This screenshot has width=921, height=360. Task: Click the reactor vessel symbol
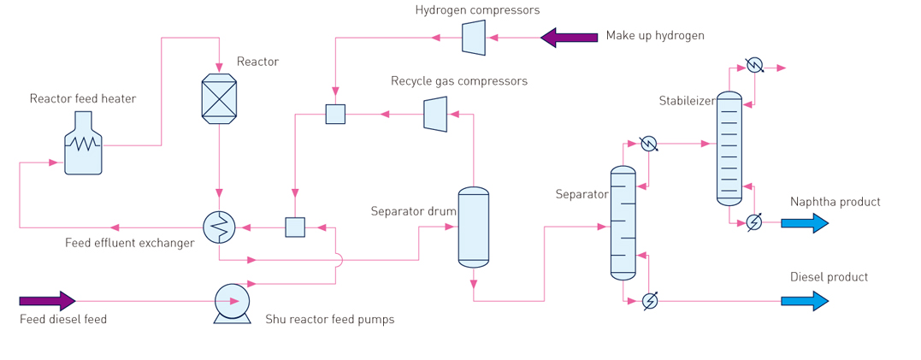[220, 97]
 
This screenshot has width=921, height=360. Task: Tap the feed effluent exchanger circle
[220, 227]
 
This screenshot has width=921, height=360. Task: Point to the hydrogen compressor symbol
[474, 37]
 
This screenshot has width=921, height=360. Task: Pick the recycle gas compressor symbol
[435, 113]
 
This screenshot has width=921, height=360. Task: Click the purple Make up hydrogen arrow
[569, 37]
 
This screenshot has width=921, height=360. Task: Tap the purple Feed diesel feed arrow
[47, 301]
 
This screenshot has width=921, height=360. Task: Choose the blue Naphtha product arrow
[805, 223]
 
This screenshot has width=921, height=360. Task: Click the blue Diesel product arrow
[805, 301]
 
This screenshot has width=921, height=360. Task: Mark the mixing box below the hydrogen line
[335, 113]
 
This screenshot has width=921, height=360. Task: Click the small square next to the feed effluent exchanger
[294, 227]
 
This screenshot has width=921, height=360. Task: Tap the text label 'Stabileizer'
[686, 101]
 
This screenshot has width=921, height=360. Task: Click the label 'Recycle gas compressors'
[459, 81]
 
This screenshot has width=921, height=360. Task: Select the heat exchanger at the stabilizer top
[754, 65]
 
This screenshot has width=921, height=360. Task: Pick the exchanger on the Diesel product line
[649, 301]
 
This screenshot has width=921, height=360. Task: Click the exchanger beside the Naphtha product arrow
[754, 222]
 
